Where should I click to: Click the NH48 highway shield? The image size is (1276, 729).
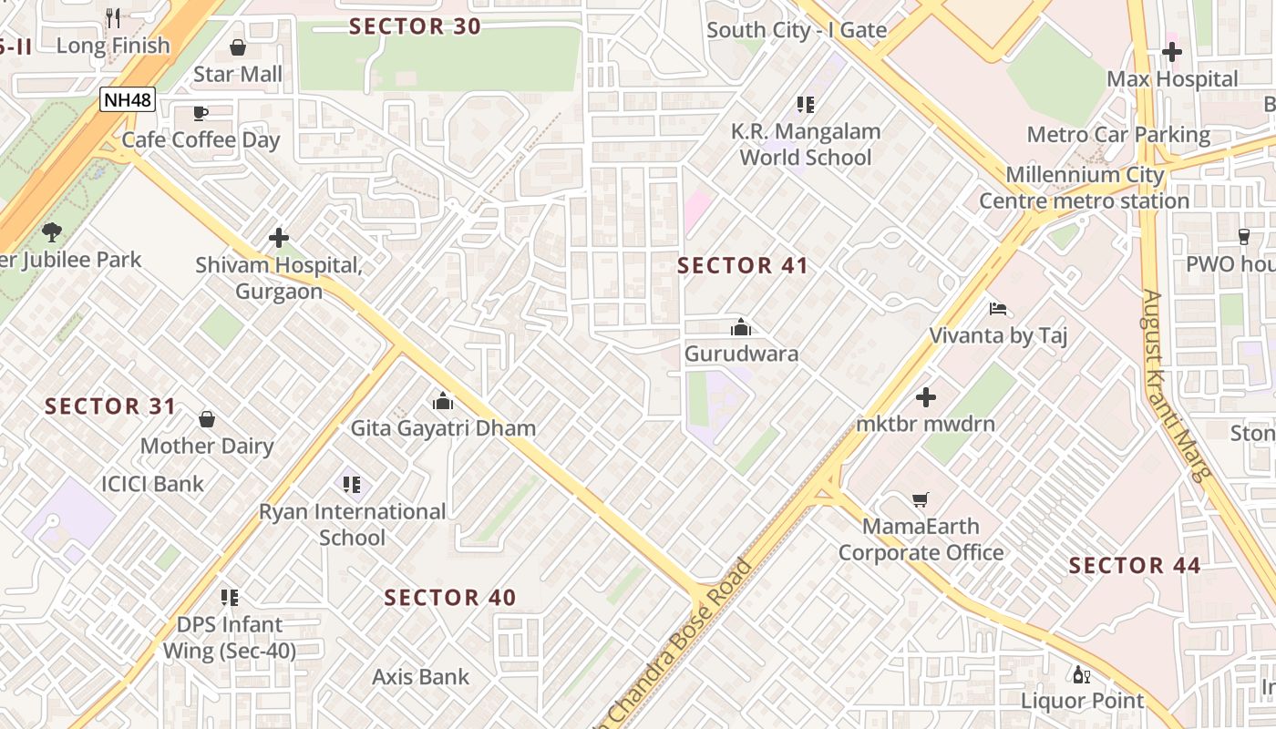128,99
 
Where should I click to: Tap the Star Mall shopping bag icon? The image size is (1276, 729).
238,47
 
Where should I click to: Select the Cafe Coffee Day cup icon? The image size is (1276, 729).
201,113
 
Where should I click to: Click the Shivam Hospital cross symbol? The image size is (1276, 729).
279,238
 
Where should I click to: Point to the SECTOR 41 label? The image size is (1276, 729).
743,266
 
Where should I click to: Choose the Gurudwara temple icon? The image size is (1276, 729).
741,327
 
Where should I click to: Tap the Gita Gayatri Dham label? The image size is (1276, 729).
443,428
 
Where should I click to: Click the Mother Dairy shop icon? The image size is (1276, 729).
207,419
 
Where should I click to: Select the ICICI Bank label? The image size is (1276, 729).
153,484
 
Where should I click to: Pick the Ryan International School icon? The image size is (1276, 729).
352,484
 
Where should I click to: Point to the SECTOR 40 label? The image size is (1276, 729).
450,598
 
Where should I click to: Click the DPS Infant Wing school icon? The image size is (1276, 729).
230,598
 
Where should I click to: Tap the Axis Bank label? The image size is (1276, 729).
420,677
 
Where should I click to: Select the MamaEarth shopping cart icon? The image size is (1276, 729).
921,499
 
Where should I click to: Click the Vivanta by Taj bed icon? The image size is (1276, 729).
998,309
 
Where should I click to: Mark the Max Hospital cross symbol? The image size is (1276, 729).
1172,52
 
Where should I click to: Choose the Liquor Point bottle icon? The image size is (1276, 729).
1082,674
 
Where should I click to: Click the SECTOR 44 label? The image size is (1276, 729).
1135,566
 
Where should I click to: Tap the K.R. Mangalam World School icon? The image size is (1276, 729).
806,105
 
